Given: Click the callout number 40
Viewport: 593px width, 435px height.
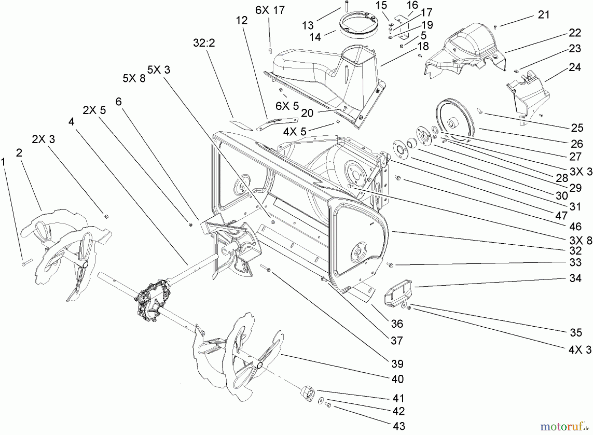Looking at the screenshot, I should [397, 379].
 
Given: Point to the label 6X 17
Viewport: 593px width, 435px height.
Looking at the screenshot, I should [270, 10].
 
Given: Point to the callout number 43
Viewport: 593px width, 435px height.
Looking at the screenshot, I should [399, 426].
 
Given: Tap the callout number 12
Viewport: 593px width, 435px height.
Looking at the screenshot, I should [242, 20].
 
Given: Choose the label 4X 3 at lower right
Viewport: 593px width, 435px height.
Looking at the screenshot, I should [580, 349].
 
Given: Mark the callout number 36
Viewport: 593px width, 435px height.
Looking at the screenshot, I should [397, 324].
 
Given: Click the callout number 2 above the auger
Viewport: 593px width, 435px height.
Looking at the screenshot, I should [19, 152].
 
